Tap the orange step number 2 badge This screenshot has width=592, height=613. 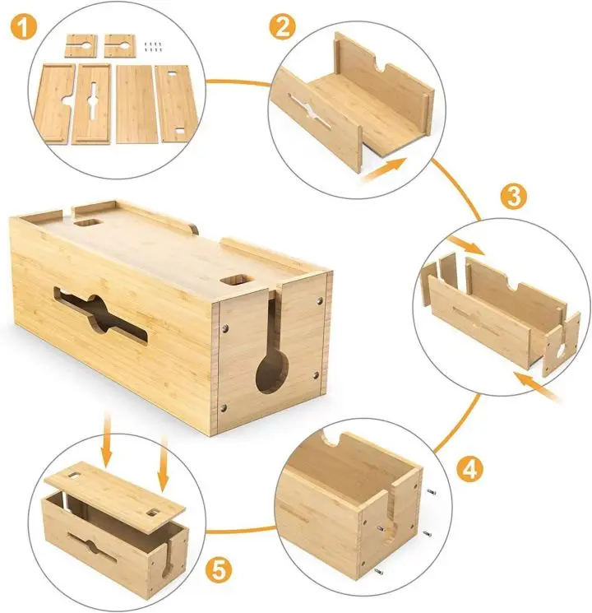point(282,27)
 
